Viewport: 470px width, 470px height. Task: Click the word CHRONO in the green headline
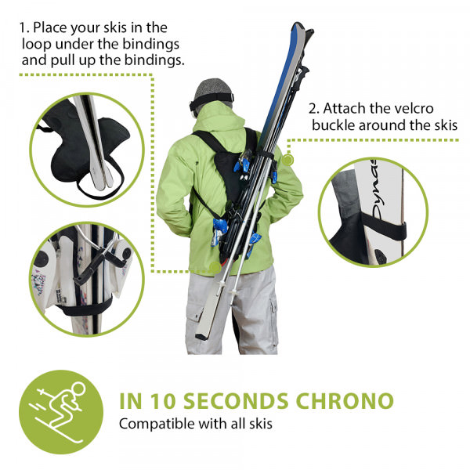345,401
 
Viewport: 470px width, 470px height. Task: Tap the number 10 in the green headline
162,401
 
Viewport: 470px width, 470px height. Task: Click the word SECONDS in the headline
235,401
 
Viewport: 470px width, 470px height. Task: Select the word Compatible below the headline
157,425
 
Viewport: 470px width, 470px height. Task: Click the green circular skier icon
61,412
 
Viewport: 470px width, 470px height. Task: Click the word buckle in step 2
334,125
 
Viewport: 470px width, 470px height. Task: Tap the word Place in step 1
50,27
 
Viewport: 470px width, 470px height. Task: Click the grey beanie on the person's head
213,89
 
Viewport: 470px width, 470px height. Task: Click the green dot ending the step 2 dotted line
287,160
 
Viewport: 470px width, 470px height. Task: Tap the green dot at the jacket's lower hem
215,266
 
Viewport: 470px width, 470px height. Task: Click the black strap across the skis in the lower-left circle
85,308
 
